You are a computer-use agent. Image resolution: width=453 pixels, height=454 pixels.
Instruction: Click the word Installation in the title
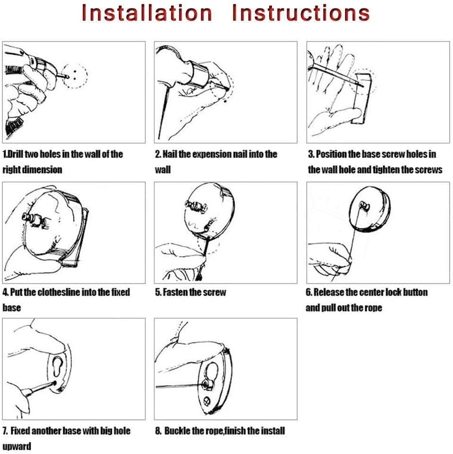coord(147,13)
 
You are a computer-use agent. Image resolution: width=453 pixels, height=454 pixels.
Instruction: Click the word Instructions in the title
coord(301,13)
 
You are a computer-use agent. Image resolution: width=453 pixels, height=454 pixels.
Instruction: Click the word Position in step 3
coord(331,154)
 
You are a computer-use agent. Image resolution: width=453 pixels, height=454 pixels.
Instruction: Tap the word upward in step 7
coord(17,446)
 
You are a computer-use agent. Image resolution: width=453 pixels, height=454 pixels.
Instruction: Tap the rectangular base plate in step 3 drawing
coord(361,99)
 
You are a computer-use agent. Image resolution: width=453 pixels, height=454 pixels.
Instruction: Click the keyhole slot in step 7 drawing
coord(58,367)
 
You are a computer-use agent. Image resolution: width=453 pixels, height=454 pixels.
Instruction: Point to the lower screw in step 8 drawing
coord(206,401)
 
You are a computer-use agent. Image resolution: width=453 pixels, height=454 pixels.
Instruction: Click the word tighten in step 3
coord(384,170)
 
